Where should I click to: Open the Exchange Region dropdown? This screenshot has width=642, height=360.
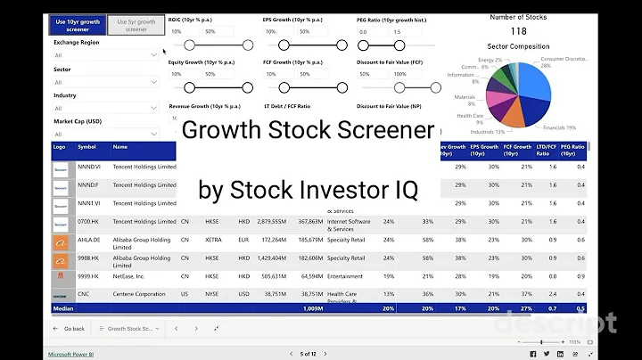click(105, 55)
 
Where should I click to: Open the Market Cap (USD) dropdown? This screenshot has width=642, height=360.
click(105, 134)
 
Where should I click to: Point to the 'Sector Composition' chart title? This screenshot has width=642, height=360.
click(519, 46)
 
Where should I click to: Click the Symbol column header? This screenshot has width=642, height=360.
click(87, 147)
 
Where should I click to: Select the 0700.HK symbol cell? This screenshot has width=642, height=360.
click(88, 222)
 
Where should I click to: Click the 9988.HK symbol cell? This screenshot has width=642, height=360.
click(88, 258)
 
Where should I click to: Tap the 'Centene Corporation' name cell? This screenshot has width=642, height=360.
click(139, 294)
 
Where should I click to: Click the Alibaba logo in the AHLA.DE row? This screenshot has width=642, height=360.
click(61, 241)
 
